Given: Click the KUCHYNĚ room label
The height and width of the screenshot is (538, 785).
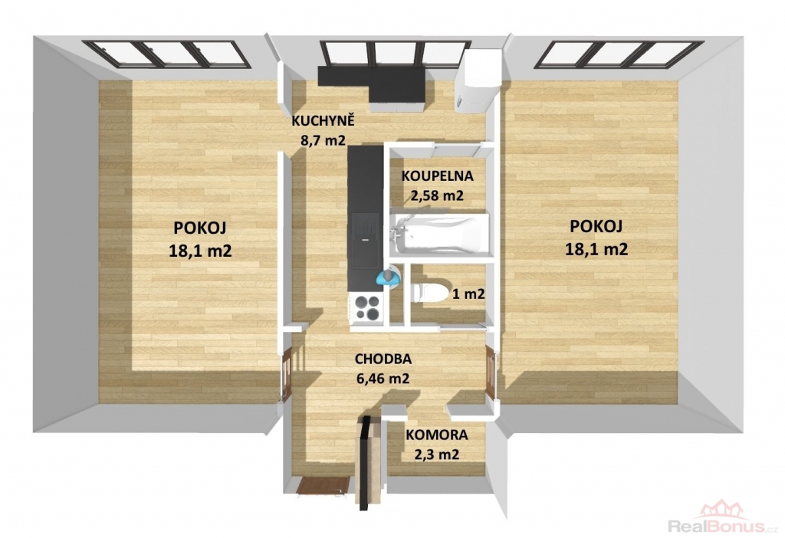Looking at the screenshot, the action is pos(324,120).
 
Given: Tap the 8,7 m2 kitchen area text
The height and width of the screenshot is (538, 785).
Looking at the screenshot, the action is pos(323,140).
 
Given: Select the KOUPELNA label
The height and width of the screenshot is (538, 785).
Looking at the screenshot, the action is pos(438,176).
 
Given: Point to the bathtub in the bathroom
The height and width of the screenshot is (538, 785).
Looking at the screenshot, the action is pos(439,235).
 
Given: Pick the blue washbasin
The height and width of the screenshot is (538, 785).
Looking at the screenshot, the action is pos(388,277).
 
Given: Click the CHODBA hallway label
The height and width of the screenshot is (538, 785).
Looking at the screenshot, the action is pos(383,359).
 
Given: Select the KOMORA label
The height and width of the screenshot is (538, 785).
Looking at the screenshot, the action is pos(436,435).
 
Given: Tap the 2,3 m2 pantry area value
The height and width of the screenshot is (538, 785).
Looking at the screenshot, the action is pos(436,454).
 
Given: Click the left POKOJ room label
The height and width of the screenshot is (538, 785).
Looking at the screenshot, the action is pos(200,228).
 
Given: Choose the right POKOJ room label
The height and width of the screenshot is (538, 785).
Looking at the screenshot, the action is pos(596,226).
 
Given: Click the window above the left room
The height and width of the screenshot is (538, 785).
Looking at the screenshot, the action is pos(166,54).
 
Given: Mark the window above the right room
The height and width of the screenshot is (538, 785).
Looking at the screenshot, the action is pos(619,54).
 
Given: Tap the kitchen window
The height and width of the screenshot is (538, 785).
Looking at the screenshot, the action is pos(396,54).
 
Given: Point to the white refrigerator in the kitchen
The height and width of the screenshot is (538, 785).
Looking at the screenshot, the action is pos(478,80).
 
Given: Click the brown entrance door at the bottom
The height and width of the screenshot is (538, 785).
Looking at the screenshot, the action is pos(323,485).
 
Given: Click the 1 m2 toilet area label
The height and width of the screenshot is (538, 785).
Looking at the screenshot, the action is pos(468,294).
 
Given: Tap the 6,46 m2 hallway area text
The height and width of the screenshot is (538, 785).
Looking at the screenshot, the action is pos(383,379).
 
